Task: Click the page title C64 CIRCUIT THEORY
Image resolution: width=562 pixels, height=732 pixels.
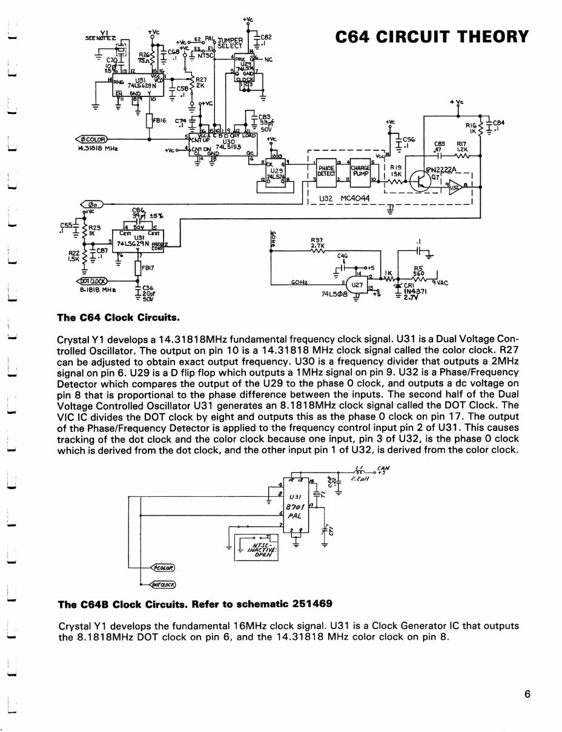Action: pos(432,36)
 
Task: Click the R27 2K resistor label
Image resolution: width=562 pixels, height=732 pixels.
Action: pos(201,82)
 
